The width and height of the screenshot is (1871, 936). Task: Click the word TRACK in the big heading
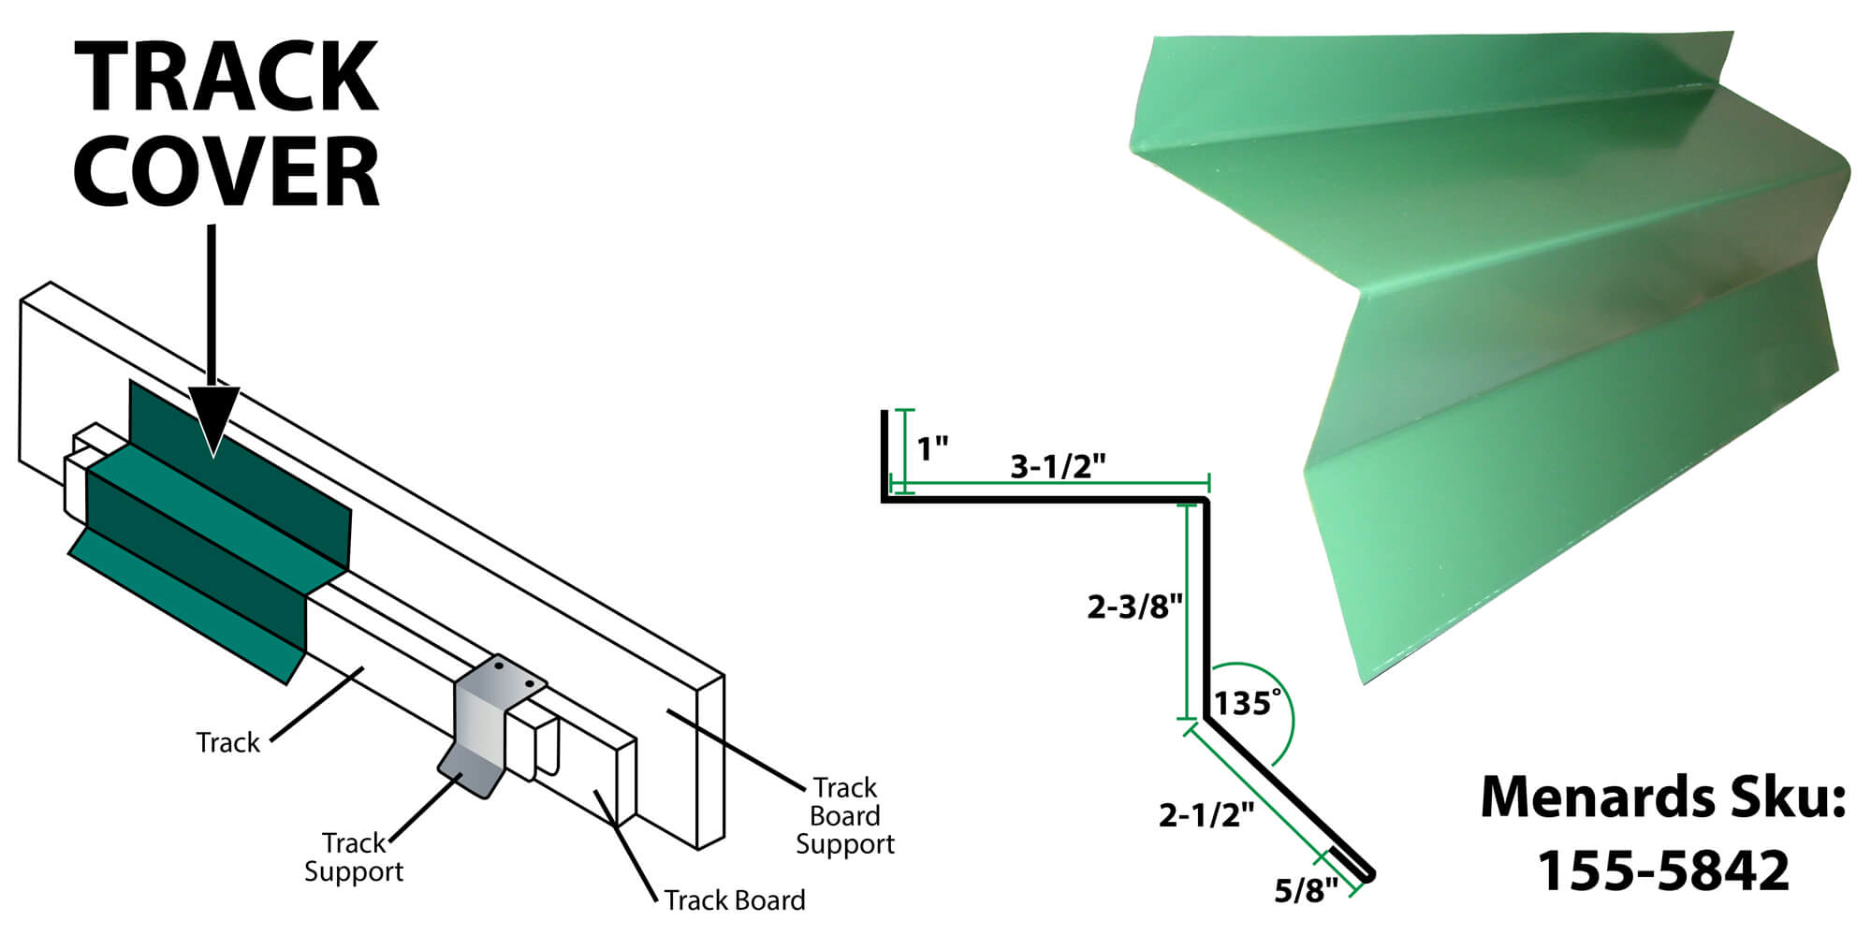(227, 78)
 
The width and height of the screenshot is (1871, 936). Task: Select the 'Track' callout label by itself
(227, 742)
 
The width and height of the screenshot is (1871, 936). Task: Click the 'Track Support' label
(353, 857)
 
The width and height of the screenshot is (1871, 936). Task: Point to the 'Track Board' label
(735, 900)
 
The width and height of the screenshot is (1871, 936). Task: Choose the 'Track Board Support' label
(844, 815)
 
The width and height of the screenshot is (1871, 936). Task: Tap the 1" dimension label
(932, 449)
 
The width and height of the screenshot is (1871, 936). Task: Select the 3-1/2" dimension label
(1058, 465)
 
